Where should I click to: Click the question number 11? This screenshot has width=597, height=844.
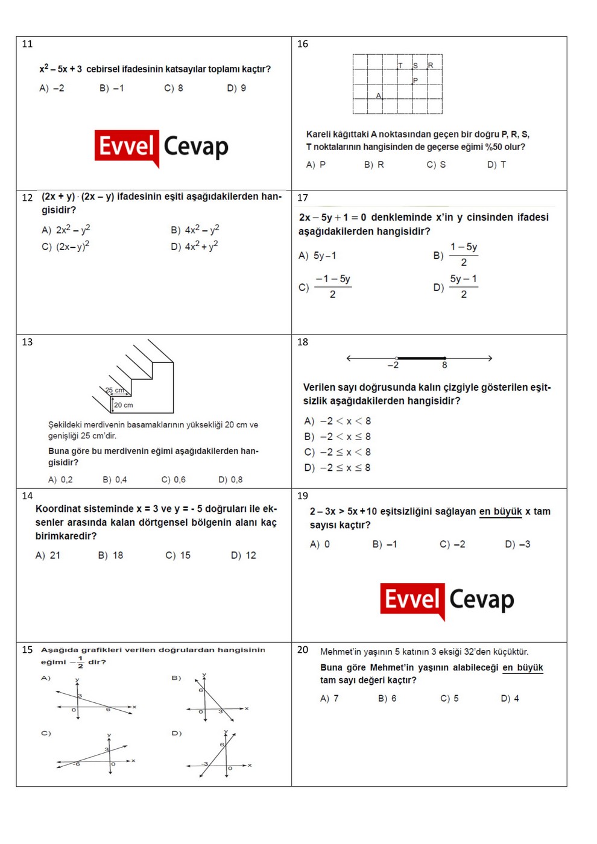point(27,44)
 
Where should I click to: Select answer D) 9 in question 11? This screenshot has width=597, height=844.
point(236,88)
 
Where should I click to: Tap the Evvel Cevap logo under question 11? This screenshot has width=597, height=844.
point(162,147)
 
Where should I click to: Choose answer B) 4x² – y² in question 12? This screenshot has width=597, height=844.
point(195,230)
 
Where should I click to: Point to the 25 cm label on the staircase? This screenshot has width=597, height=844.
point(115,390)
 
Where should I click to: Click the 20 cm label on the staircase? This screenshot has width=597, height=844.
point(124,405)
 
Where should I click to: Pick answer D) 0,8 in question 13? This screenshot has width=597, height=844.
point(230,480)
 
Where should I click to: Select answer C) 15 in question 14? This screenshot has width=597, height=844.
point(178,555)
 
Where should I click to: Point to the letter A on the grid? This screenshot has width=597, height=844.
point(379,96)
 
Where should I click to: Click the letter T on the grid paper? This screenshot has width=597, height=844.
point(400,65)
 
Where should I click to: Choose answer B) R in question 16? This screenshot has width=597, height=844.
point(374,165)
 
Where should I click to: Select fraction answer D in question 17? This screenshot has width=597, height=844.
point(456,287)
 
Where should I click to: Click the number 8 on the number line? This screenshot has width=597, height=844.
point(444,365)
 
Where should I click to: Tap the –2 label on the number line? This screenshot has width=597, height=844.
point(393,365)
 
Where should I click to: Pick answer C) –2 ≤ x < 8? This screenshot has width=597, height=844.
point(338,452)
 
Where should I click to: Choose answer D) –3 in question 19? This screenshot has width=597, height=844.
point(517,544)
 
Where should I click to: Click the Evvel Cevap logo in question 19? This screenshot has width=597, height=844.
point(447,600)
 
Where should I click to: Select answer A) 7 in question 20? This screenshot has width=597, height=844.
point(329,699)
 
